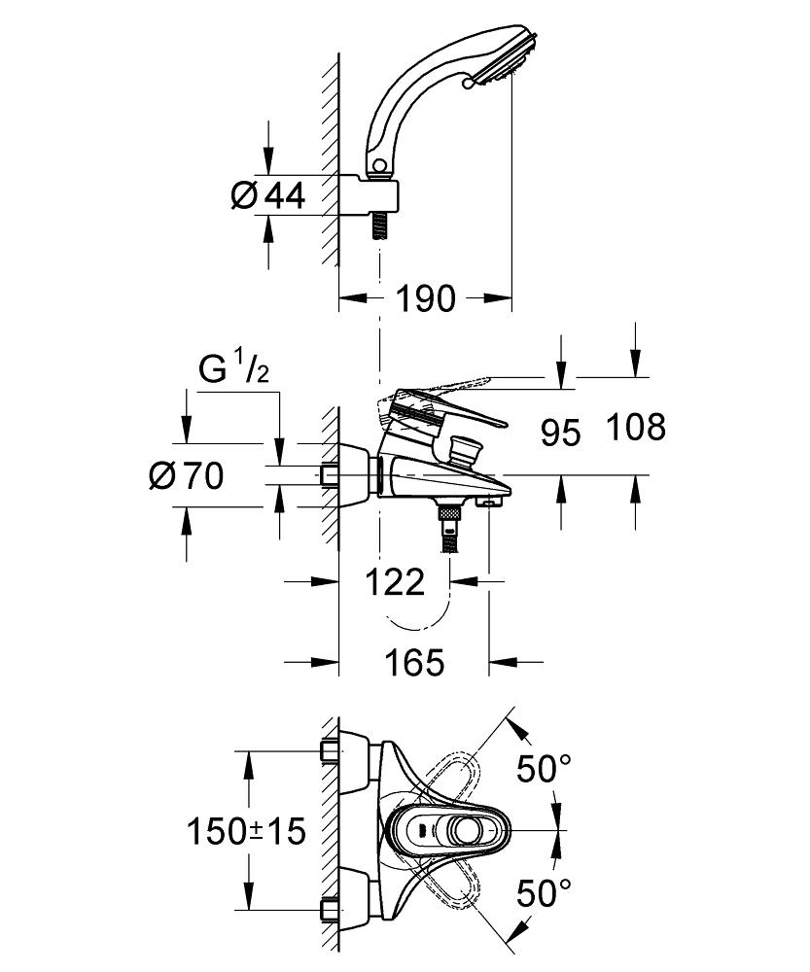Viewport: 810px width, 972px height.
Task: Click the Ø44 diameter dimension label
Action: pos(268,196)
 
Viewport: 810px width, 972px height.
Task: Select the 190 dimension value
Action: pos(426,298)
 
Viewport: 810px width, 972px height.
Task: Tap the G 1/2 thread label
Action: pos(234,370)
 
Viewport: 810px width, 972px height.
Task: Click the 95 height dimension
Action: pos(560,433)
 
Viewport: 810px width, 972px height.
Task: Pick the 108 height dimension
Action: pos(636,427)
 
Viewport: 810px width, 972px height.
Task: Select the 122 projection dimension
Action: pos(395,581)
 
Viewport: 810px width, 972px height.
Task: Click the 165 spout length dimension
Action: pos(415,661)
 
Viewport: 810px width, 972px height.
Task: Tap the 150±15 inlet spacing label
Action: pos(246,830)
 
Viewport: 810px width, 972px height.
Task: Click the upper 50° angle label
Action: pos(544,769)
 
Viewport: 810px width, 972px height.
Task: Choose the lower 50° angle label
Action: pos(544,893)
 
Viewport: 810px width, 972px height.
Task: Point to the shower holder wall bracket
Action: pos(369,196)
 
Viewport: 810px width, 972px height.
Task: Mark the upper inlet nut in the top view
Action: pos(329,750)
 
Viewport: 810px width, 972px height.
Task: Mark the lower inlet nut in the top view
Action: pos(329,910)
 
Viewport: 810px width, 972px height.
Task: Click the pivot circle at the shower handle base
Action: pos(379,165)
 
